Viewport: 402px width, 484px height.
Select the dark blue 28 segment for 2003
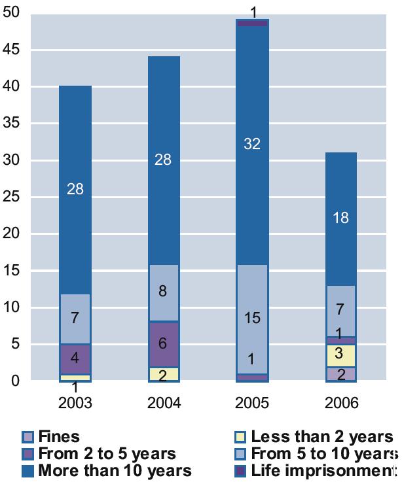click(75, 190)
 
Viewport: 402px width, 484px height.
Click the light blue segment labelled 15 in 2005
click(252, 319)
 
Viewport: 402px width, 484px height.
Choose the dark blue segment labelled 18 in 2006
click(340, 218)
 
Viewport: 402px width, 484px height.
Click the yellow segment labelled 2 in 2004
click(163, 374)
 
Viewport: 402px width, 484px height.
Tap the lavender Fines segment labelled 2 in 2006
click(340, 374)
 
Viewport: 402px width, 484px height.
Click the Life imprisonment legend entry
click(314, 470)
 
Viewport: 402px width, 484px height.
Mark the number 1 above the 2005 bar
click(253, 12)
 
